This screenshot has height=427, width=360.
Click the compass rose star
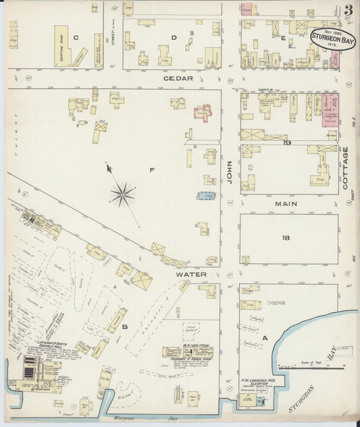(122, 195)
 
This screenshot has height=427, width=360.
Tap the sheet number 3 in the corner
(348, 10)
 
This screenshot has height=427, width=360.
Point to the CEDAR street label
(178, 78)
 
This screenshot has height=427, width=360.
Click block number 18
(286, 238)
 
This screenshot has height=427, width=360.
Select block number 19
(286, 143)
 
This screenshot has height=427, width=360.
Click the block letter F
(152, 170)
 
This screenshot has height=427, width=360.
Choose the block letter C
(76, 38)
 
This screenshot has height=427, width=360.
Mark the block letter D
(174, 38)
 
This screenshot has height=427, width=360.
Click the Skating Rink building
(61, 47)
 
